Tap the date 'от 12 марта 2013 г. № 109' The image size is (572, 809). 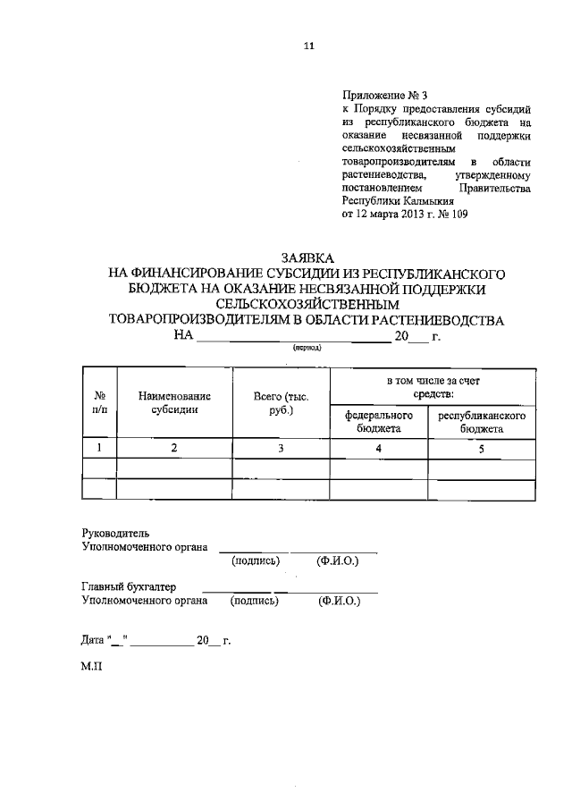[404, 215]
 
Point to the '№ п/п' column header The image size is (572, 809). [100, 401]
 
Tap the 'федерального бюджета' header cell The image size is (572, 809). [379, 422]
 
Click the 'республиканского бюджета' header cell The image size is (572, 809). [482, 422]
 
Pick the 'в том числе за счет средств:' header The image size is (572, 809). [432, 387]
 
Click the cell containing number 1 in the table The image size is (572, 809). [100, 449]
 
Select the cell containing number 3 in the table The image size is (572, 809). [281, 449]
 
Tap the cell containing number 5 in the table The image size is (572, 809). [482, 449]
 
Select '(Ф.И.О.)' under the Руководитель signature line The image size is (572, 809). [338, 561]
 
